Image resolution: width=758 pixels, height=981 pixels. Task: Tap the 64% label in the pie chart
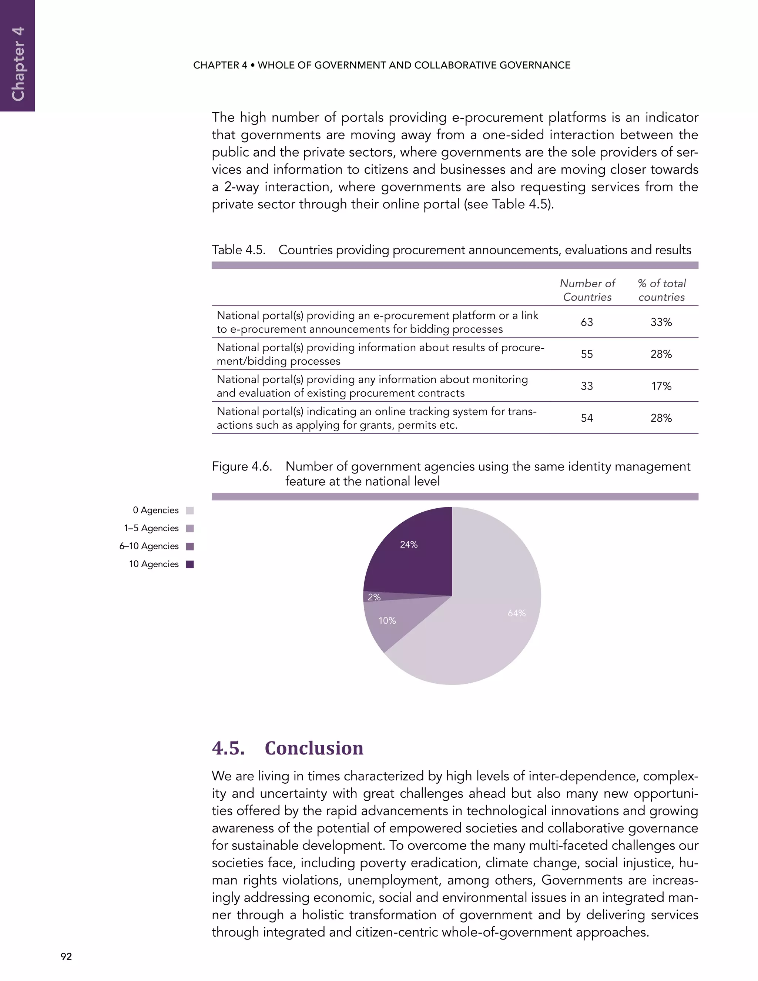click(516, 613)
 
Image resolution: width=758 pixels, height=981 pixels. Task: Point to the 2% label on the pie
click(374, 597)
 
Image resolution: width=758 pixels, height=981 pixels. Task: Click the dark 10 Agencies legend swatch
click(190, 565)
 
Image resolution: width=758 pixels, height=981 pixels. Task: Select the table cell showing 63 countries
click(587, 322)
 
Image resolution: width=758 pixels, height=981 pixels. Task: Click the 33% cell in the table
click(661, 322)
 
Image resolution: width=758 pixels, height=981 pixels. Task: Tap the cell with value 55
click(587, 354)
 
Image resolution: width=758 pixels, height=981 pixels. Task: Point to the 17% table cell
click(661, 386)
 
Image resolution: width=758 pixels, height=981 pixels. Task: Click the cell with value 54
click(587, 418)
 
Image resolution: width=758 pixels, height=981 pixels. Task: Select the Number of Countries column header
click(587, 290)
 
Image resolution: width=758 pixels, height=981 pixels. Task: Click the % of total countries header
click(661, 290)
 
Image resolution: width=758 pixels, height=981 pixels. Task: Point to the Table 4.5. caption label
click(238, 250)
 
